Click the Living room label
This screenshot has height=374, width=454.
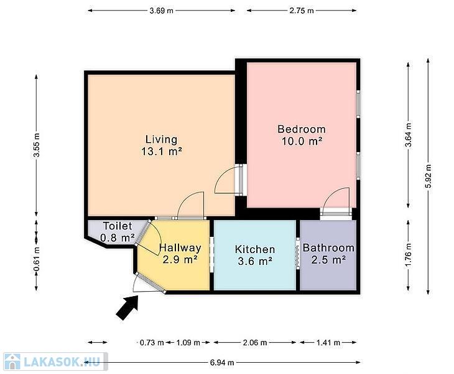tap(162, 139)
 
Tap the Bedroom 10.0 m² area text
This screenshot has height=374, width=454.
tap(302, 141)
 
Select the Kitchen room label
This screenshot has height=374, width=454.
tap(255, 249)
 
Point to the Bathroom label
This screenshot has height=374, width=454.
tap(328, 248)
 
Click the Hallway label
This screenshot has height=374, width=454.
tap(180, 247)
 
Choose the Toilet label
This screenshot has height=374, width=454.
tap(118, 226)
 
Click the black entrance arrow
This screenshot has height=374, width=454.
tap(127, 308)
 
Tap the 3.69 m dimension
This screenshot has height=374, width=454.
tap(161, 11)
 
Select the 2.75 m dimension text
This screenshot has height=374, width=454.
tap(302, 11)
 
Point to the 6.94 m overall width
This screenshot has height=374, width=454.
tap(222, 362)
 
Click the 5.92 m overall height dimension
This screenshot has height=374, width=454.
tap(429, 176)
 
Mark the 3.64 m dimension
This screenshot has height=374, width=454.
tap(408, 135)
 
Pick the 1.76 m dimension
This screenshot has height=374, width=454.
tap(408, 255)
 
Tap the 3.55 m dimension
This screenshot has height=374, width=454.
tap(37, 145)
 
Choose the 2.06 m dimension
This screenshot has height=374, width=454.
tap(255, 343)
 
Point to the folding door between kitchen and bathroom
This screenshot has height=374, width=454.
tap(298, 254)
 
